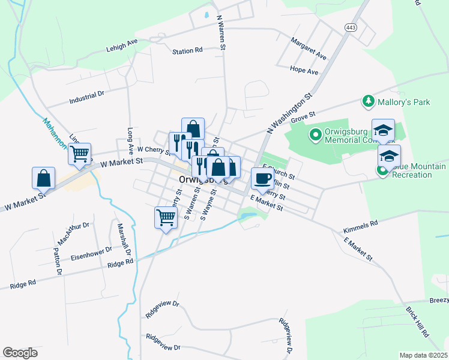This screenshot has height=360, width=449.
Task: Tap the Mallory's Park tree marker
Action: (369, 102)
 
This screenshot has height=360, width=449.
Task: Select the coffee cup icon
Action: (262, 178)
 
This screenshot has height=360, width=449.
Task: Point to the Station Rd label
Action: (187, 52)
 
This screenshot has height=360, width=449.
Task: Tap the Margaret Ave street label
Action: (308, 49)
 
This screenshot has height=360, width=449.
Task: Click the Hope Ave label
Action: (304, 71)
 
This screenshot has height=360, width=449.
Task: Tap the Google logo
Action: (20, 352)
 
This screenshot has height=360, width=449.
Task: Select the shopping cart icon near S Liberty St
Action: (166, 218)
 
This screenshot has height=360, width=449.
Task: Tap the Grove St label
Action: (303, 119)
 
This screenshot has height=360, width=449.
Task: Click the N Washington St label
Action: (290, 113)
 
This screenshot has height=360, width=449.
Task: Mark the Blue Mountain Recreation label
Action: (418, 170)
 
